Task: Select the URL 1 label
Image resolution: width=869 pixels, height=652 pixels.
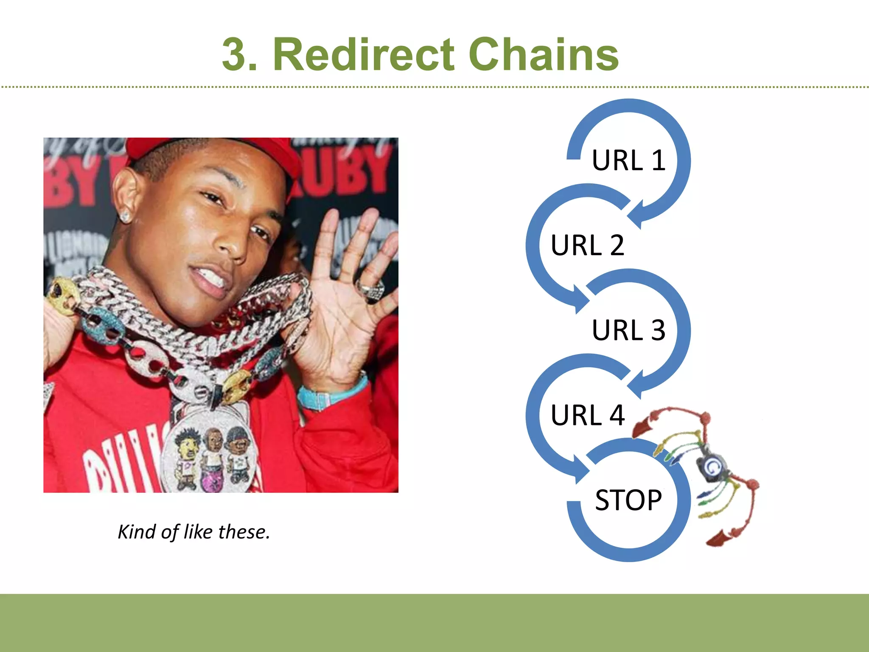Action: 628,160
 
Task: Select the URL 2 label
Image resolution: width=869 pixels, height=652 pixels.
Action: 587,245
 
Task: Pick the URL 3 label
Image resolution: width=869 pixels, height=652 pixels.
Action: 628,330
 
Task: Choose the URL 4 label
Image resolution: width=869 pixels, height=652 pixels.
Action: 587,415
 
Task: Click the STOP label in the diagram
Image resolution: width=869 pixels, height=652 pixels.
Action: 628,500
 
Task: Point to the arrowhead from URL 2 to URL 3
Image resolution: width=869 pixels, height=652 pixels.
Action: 580,299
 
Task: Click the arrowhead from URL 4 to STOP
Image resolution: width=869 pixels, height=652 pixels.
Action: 580,469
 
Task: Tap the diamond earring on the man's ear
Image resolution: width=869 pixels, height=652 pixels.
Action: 125,216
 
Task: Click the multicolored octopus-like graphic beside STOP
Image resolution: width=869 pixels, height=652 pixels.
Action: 709,471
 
